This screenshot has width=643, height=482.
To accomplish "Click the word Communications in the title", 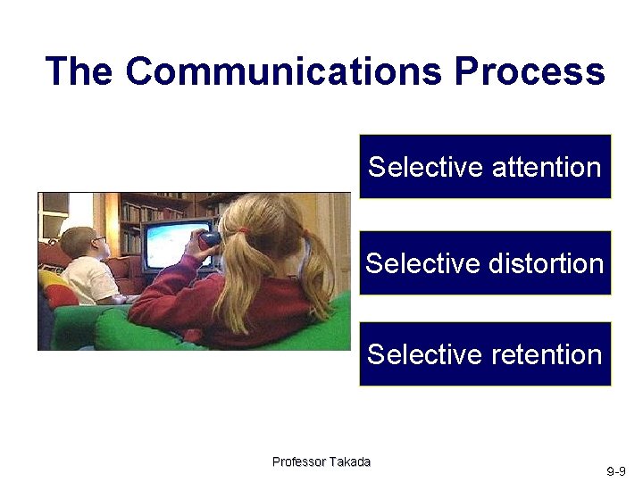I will [284, 71].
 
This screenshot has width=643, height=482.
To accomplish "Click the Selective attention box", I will [485, 166].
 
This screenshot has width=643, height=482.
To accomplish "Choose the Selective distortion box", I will [485, 262].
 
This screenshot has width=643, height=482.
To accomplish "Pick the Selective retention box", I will [485, 353].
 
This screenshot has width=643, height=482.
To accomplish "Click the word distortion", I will [547, 263].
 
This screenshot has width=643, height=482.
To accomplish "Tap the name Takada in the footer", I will [350, 461].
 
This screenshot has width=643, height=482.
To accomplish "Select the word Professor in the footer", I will [299, 461].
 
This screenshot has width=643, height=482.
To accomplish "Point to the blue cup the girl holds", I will [210, 237].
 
